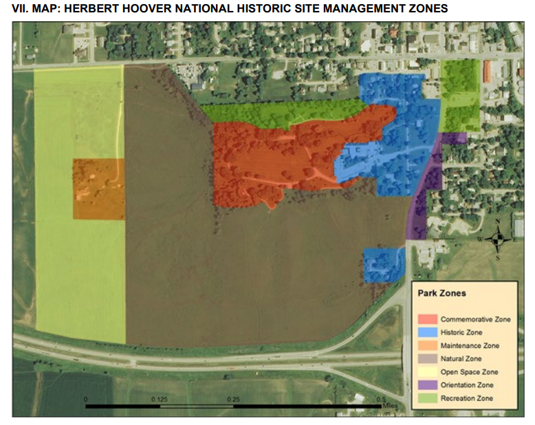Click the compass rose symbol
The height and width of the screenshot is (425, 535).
[x=499, y=239]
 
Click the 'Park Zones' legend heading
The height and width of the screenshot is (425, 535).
[x=442, y=293]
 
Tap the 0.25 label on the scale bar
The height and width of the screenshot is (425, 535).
[x=233, y=400]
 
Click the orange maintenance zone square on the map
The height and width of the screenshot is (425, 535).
[x=99, y=189]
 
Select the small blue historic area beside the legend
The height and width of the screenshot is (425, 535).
[x=382, y=265]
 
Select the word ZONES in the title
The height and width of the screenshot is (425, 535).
[x=424, y=8]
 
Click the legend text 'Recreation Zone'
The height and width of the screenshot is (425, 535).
[x=467, y=398]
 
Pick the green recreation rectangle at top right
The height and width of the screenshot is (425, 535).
[x=460, y=96]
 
